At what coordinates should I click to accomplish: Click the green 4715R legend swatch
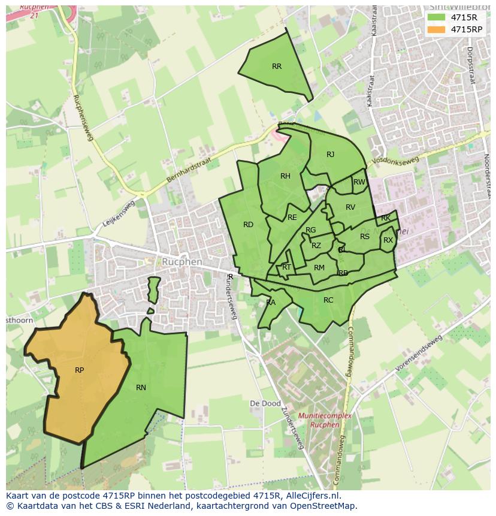436,17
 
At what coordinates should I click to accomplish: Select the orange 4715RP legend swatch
436,29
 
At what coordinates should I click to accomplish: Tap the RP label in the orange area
79,370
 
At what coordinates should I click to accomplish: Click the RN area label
141,388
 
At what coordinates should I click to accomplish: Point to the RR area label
276,67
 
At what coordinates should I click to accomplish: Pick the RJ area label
330,155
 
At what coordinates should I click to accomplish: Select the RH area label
285,176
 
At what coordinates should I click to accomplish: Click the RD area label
248,225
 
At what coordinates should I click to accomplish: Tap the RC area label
328,300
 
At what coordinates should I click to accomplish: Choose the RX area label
388,240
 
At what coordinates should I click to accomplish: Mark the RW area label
359,182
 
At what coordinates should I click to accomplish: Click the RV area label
350,207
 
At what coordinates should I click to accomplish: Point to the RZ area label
316,246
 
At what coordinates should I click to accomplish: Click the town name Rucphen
182,262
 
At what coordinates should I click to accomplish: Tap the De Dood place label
265,404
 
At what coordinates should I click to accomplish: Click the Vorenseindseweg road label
418,354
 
